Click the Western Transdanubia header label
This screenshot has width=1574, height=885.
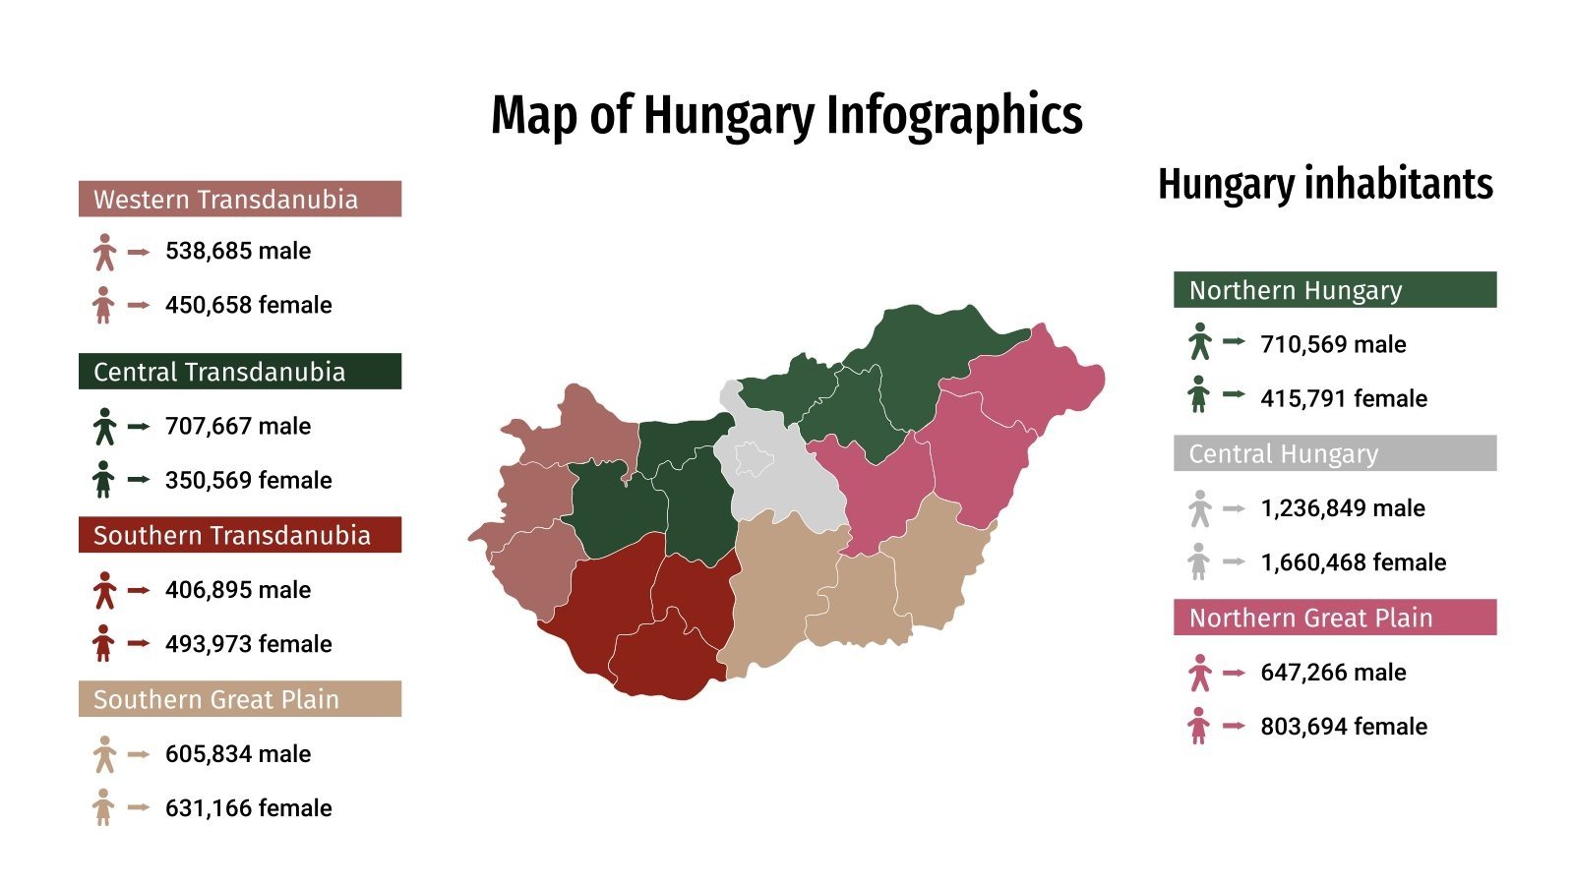tap(239, 199)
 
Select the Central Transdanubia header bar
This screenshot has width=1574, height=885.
tap(239, 372)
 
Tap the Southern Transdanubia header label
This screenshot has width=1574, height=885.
tap(239, 535)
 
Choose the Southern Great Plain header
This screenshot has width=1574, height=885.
tap(239, 699)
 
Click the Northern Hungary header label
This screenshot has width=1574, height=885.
tap(1334, 290)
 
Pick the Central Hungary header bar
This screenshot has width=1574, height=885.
tap(1334, 453)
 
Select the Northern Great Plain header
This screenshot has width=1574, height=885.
tap(1334, 618)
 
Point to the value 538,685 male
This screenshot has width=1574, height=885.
tap(238, 251)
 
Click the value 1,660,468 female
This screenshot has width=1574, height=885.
tap(1353, 562)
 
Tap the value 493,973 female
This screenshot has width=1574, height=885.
tap(248, 644)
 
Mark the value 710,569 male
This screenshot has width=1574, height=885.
tap(1333, 344)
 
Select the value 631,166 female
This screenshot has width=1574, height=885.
tap(248, 808)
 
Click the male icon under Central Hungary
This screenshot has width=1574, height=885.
tap(1199, 508)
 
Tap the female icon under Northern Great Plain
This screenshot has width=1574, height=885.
tap(1198, 727)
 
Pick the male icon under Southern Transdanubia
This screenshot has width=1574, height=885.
tap(104, 590)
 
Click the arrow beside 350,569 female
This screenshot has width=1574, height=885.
tap(139, 480)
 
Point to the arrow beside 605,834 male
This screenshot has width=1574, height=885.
tap(139, 754)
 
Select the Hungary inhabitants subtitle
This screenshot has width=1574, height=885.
tap(1325, 184)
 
